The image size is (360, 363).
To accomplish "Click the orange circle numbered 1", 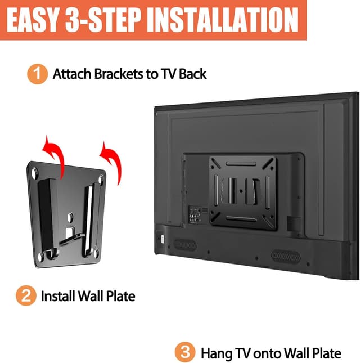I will pyautogui.click(x=37, y=74).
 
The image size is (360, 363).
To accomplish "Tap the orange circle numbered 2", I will pyautogui.click(x=25, y=295).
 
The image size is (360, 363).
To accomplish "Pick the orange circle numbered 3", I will pyautogui.click(x=185, y=353).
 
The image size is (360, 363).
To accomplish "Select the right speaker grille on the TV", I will pyautogui.click(x=285, y=256).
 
